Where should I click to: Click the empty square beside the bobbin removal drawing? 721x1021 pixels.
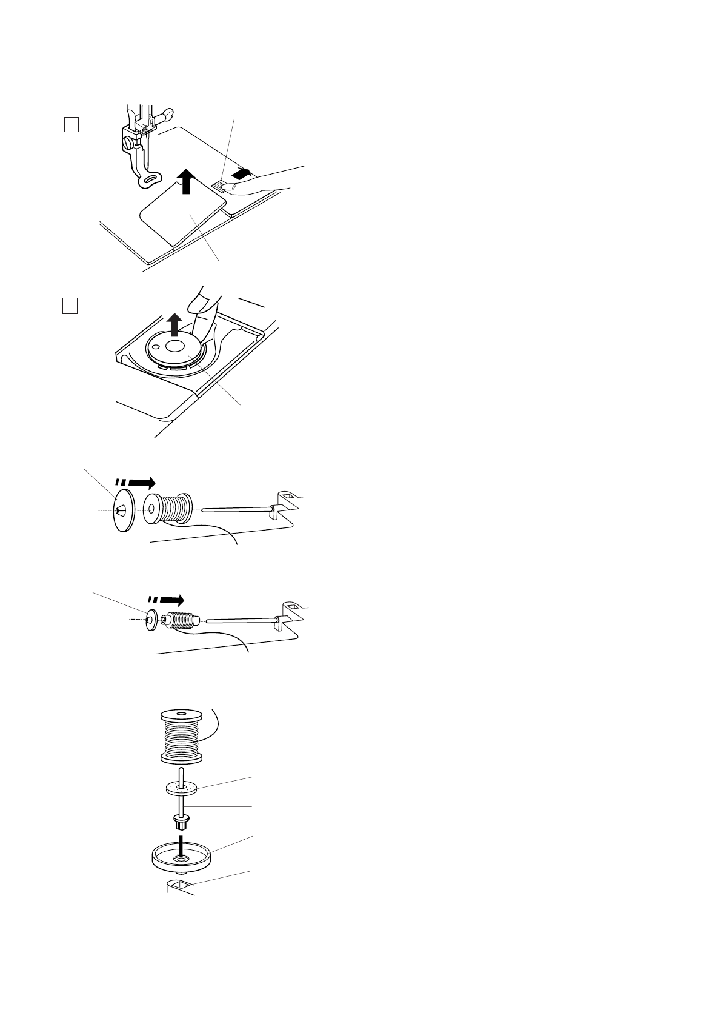(x=70, y=306)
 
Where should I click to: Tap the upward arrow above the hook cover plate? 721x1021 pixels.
(x=187, y=181)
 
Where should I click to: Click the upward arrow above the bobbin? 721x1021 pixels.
(x=174, y=324)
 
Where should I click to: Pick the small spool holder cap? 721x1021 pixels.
(x=150, y=620)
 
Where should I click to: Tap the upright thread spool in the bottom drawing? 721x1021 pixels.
(x=181, y=735)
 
